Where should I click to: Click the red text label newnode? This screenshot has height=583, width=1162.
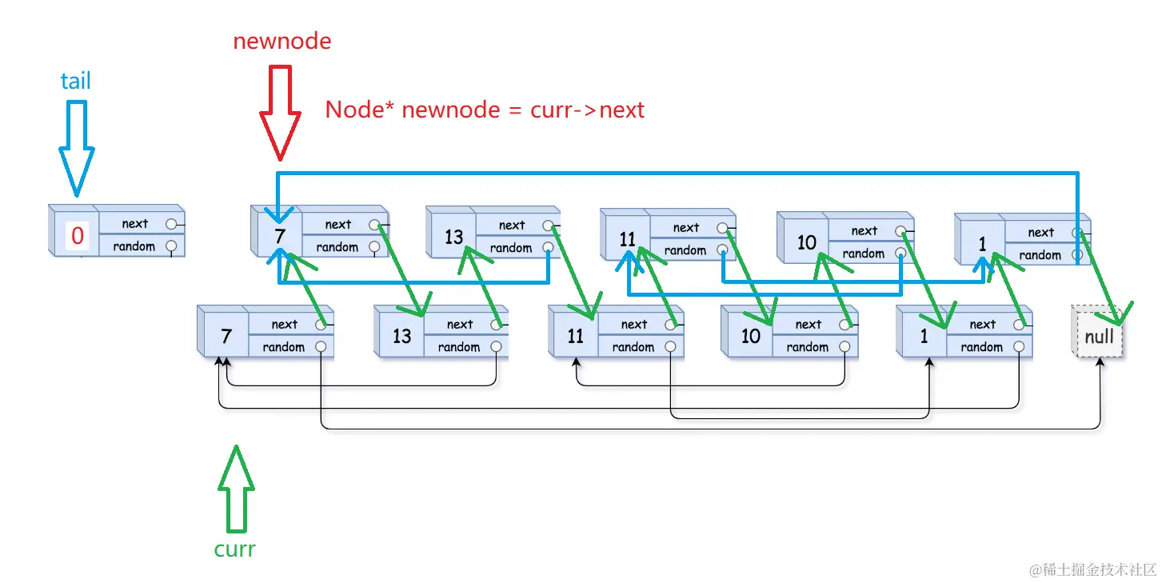pos(282,42)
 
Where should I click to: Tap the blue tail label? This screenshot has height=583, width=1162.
pos(76,81)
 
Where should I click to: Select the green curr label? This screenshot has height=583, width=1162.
pos(234,549)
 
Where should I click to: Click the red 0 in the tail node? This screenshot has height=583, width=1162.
pos(78,236)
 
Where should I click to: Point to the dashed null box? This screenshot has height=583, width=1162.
pos(1099,336)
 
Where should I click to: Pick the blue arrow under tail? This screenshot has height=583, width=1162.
pos(77,147)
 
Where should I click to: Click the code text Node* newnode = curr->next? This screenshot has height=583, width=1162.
pos(485,110)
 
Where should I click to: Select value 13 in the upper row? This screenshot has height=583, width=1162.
pos(453,237)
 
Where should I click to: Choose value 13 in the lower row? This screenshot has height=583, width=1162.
pos(401,336)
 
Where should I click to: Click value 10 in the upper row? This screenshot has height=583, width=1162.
pos(806,242)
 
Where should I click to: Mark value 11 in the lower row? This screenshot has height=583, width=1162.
pos(576,336)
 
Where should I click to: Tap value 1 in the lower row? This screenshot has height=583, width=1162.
pos(924,336)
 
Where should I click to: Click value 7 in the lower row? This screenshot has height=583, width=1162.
pos(226,336)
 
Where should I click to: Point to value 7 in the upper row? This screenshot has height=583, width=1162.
pos(279,237)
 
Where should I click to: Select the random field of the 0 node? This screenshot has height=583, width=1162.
pos(134,246)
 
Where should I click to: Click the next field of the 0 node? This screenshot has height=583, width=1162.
pos(135,224)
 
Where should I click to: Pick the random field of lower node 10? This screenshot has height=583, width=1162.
pos(808,347)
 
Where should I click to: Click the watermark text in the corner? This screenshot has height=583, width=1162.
pos(1093,569)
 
